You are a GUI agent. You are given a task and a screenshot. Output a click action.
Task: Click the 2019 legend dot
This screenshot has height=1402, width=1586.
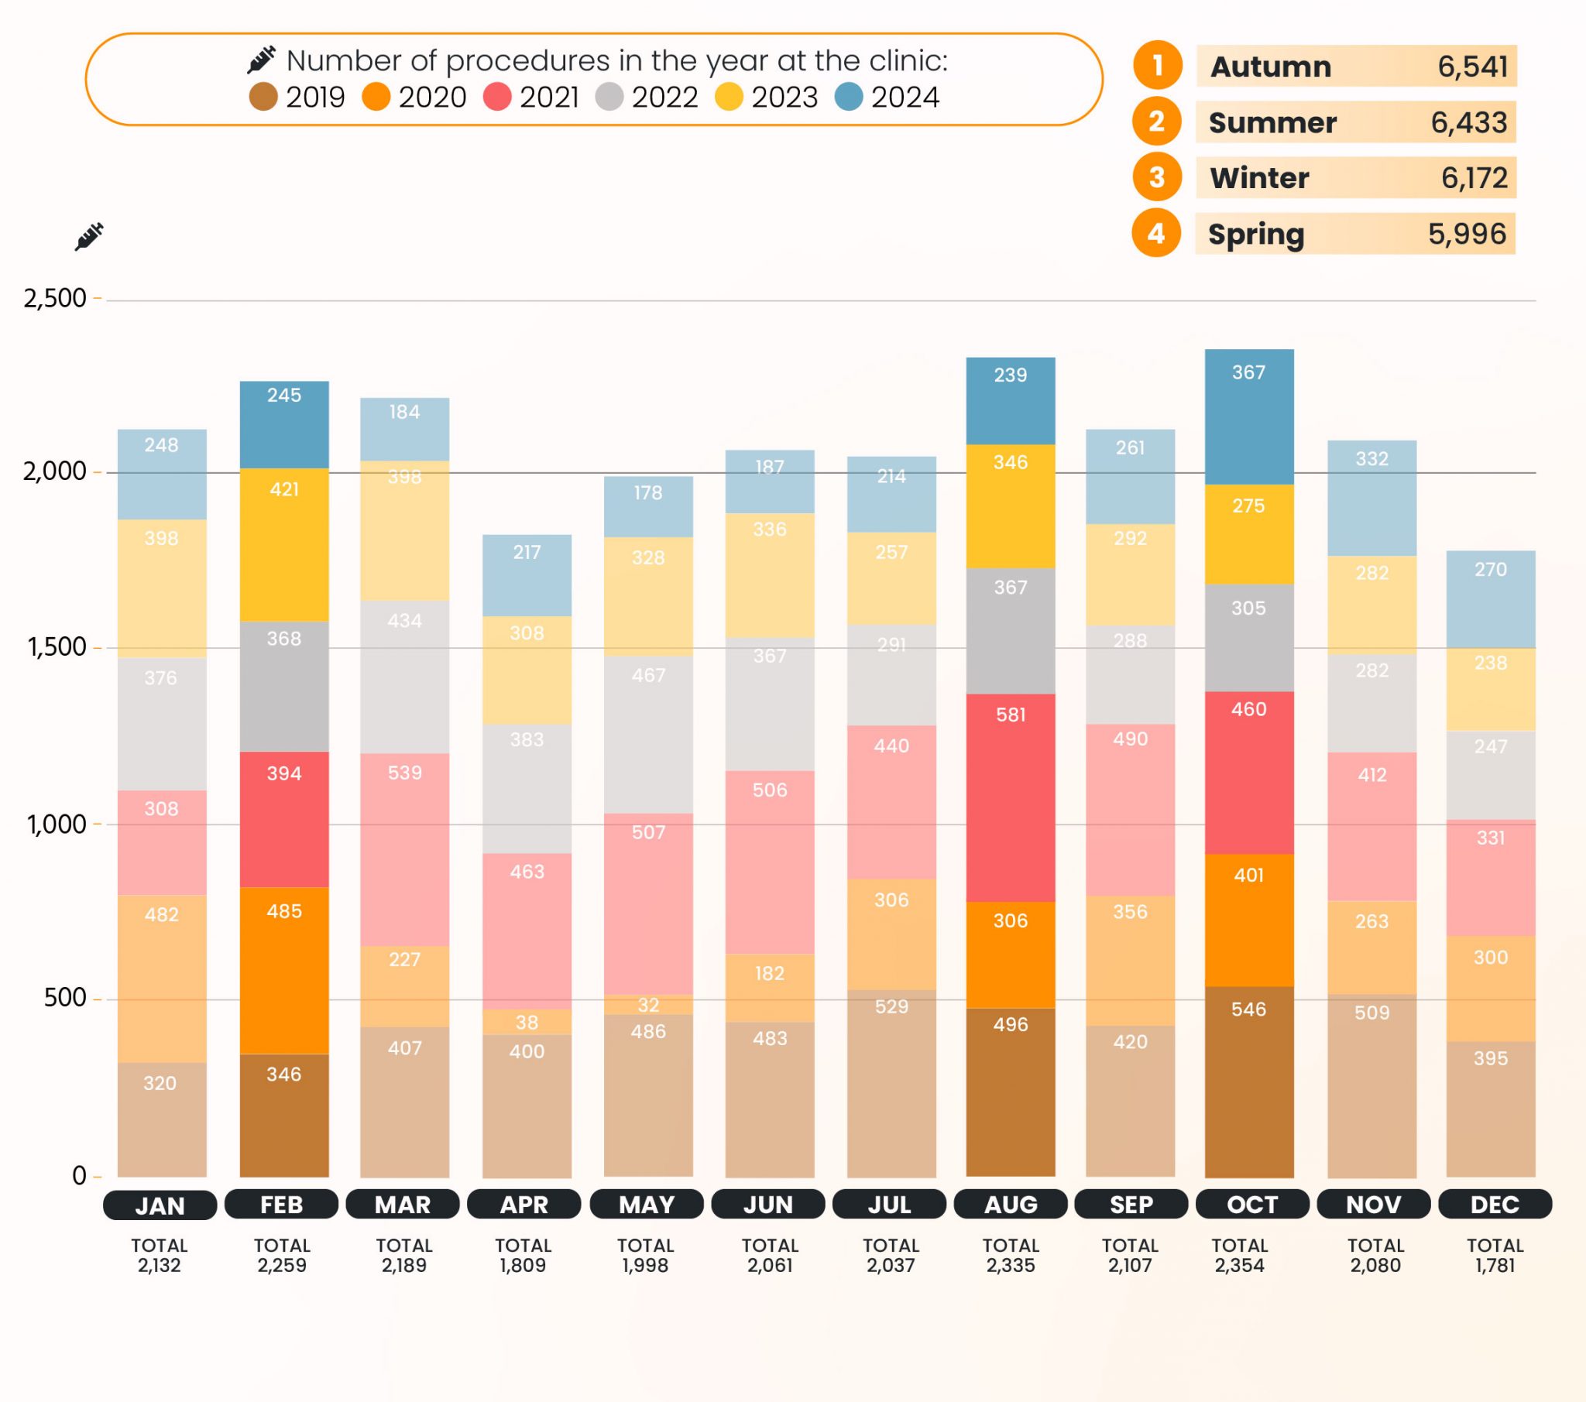263,97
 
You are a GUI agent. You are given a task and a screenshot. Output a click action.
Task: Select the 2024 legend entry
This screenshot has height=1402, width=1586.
887,97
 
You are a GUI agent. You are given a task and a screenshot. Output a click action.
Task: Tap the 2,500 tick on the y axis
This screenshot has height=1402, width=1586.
55,298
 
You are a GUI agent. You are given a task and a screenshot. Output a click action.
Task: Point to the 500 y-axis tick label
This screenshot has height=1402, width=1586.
64,998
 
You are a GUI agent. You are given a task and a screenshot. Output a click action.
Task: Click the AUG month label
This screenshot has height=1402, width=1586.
1011,1204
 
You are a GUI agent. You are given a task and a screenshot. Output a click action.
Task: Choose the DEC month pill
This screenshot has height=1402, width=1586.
1495,1204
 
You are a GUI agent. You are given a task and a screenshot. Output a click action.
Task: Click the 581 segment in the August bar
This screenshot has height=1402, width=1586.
1011,797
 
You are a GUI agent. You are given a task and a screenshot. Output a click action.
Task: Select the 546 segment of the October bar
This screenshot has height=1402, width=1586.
1248,1081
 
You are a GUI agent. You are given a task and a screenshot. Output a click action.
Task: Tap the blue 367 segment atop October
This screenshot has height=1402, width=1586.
1248,416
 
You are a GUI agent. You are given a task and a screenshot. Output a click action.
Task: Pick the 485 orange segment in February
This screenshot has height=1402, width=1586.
284,970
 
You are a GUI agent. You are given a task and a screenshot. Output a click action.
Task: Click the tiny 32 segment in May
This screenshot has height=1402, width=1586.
648,1005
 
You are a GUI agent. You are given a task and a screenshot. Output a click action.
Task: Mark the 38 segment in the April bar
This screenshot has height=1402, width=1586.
527,1022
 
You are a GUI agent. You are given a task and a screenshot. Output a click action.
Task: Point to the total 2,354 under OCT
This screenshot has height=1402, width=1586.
1239,1265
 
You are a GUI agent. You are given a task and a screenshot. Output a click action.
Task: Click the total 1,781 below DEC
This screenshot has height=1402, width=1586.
1495,1265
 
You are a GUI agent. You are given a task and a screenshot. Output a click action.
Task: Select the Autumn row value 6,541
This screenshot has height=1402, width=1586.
1472,67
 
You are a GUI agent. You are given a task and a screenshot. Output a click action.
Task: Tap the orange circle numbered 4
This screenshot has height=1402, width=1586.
1156,234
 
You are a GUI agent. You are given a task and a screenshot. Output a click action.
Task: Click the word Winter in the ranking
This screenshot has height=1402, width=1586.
1258,179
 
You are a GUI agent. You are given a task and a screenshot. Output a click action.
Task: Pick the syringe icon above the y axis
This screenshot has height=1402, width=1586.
89,236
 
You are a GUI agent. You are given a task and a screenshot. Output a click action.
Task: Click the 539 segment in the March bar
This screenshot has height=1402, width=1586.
404,849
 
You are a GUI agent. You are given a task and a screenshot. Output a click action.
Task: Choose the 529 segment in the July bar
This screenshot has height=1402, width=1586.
891,1083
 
